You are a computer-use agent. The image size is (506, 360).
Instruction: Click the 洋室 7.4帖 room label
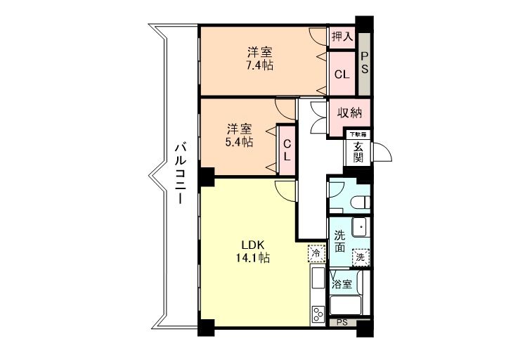[260, 59]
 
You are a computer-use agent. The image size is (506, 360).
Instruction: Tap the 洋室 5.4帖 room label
[239, 135]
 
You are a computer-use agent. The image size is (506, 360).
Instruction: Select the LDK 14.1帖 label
[253, 251]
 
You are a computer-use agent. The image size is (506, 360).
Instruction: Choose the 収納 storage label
[350, 112]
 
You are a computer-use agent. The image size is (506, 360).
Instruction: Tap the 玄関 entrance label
[358, 152]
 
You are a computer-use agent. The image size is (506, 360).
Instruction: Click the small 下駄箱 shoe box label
[358, 134]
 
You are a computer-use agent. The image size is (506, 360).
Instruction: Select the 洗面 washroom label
[339, 241]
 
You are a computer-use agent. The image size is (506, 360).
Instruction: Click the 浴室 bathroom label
[342, 285]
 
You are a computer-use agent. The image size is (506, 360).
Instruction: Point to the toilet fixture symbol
[361, 202]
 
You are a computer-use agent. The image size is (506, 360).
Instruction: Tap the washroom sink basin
[359, 227]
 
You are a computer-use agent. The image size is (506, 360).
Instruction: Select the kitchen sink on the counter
[318, 278]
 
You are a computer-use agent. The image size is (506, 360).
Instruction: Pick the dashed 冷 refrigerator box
[316, 253]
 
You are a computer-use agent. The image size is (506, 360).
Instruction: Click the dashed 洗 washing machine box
[361, 257]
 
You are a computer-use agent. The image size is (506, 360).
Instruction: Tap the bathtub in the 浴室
[345, 305]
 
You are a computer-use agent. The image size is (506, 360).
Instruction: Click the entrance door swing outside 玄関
[382, 152]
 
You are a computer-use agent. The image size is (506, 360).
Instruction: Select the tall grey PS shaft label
[364, 63]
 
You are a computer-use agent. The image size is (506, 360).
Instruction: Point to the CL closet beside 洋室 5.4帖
[287, 150]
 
